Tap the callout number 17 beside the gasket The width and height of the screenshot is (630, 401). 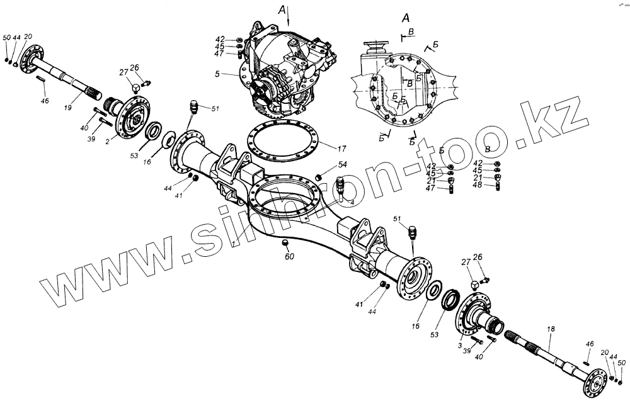341,149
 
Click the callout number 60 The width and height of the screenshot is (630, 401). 289,257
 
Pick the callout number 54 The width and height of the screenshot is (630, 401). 343,165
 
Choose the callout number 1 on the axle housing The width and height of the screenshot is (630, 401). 233,243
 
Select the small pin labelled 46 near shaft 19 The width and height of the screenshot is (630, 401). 40,79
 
